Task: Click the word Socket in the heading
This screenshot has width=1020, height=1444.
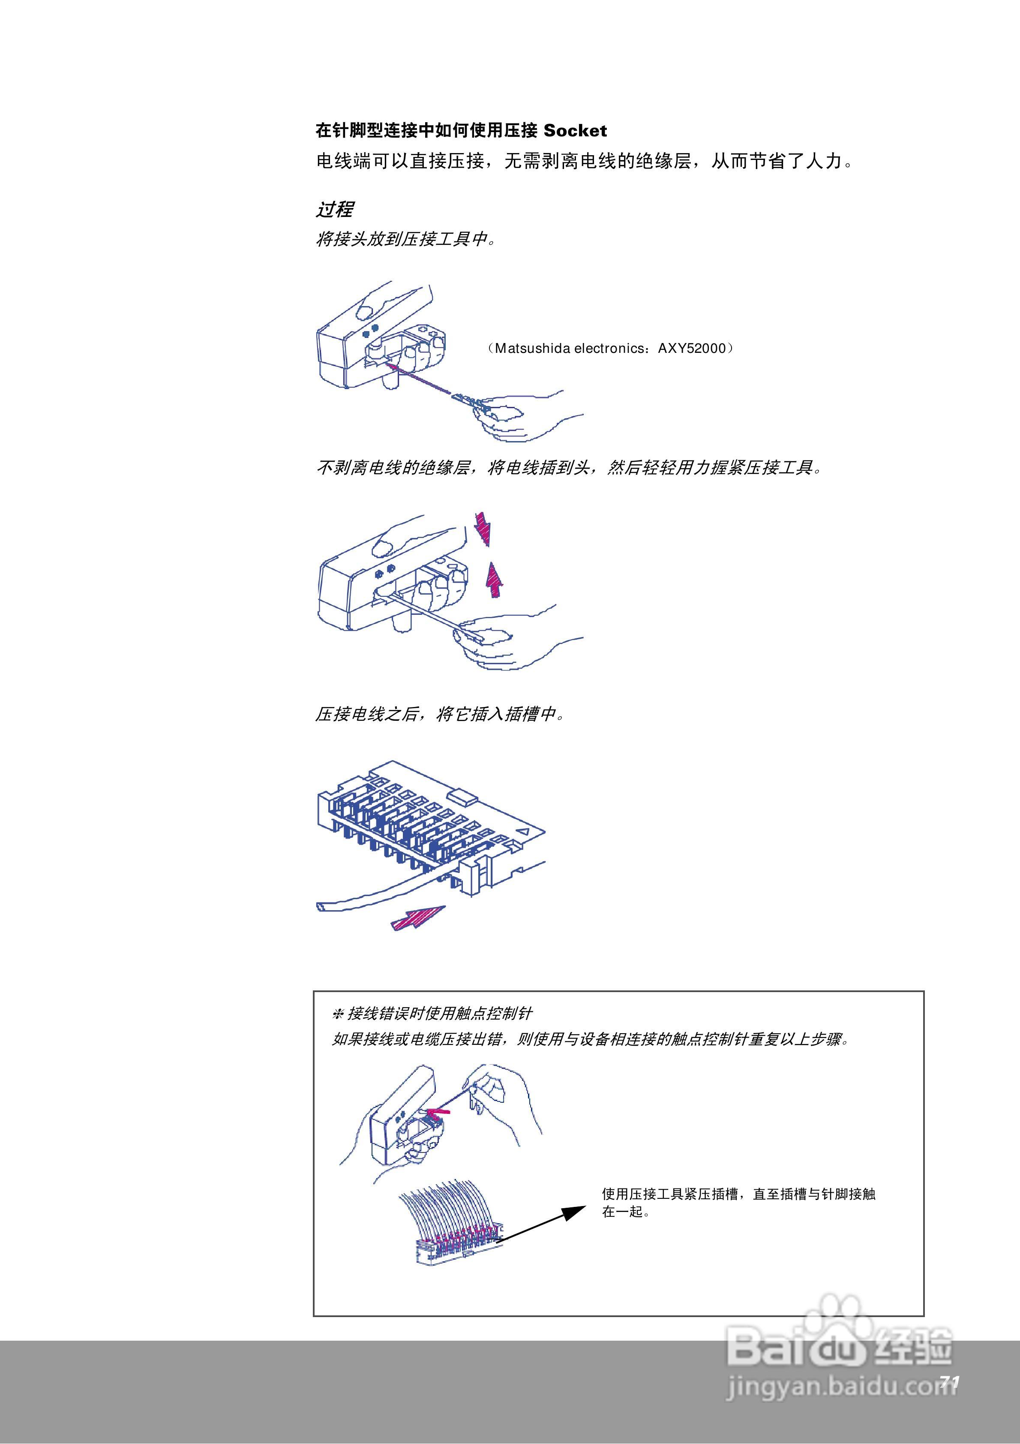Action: [575, 131]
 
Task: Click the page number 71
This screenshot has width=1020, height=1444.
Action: [950, 1382]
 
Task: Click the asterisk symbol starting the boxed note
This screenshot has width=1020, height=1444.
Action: [338, 1014]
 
